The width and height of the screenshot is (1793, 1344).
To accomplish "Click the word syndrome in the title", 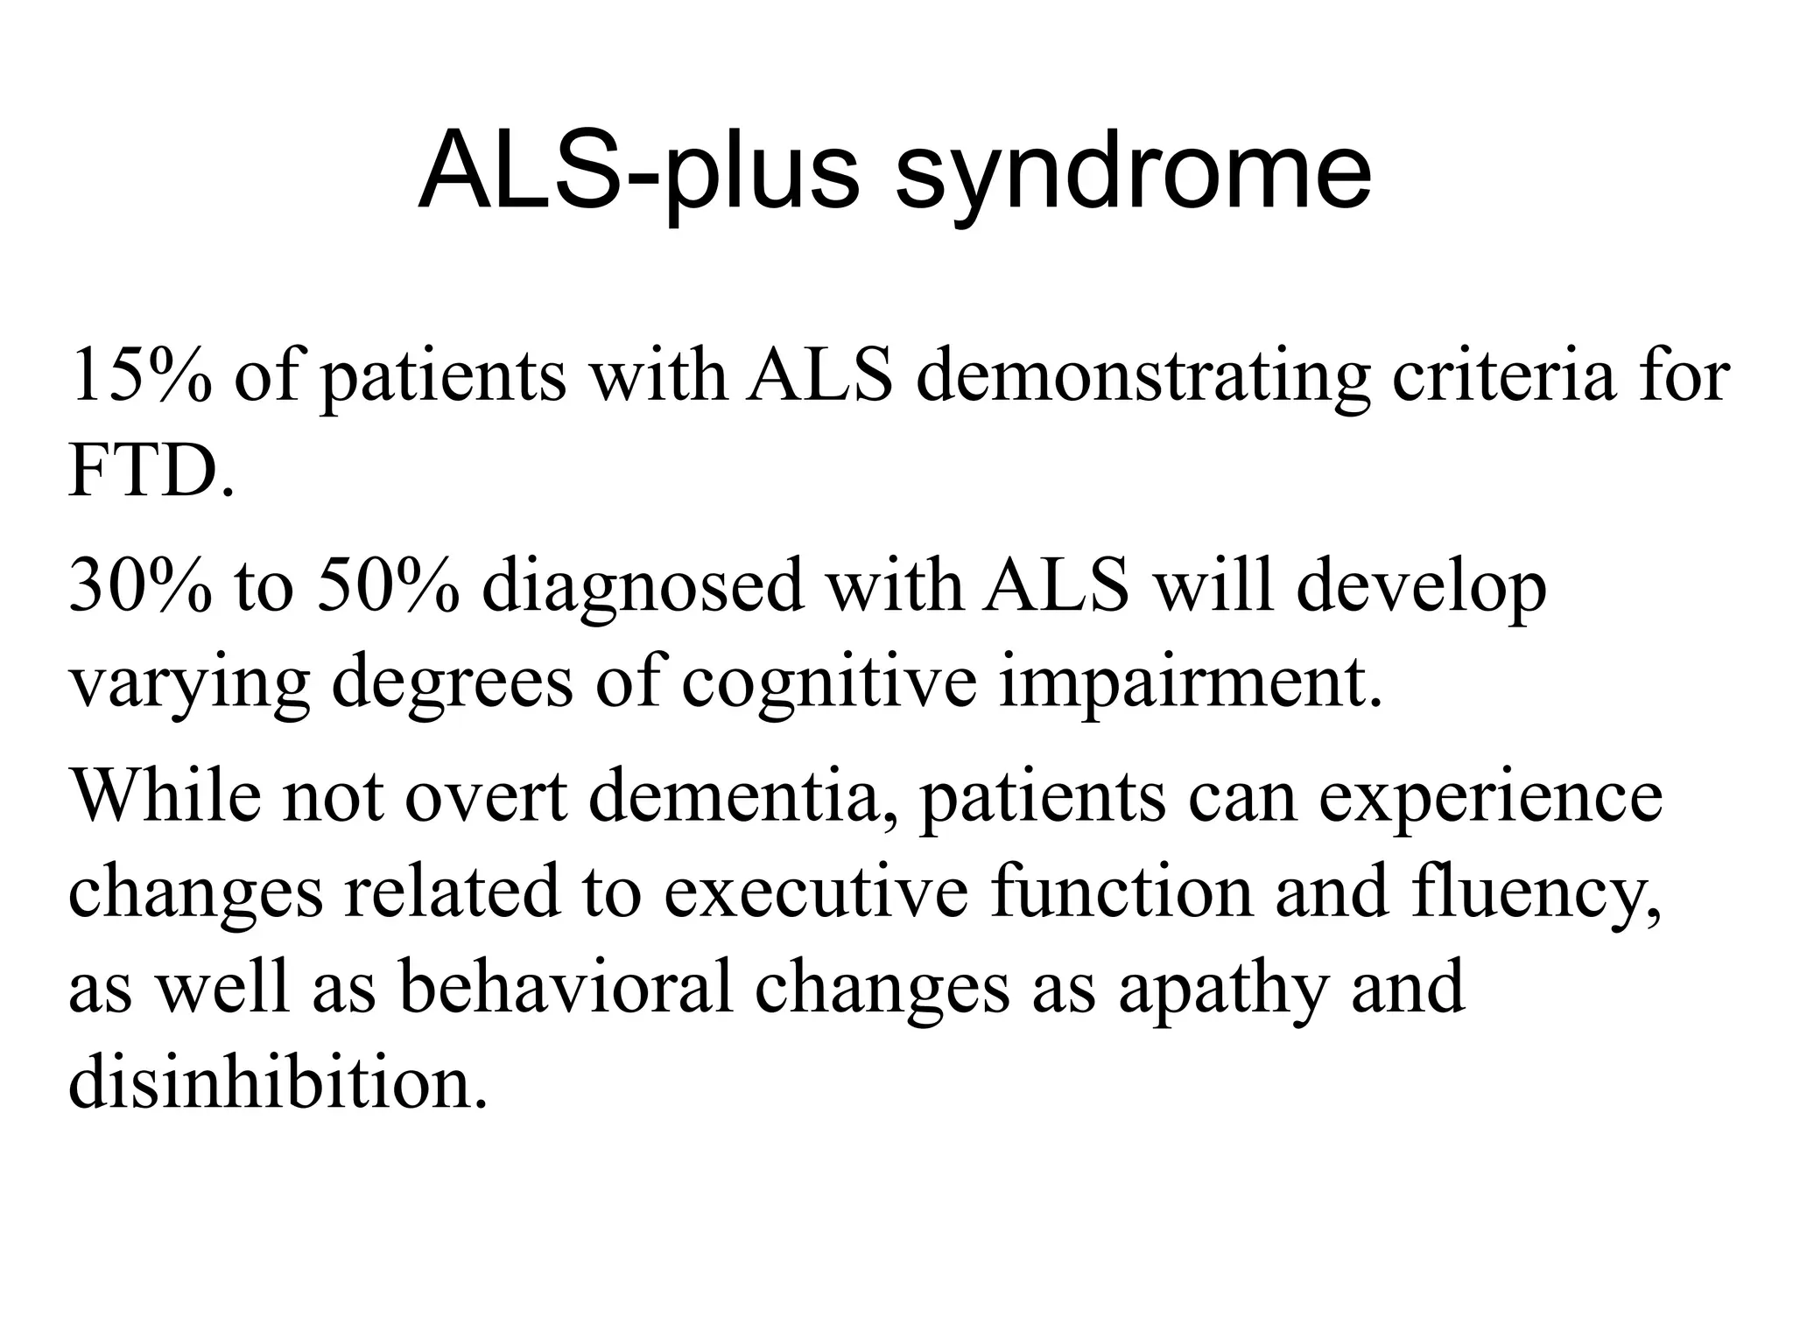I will (x=1133, y=173).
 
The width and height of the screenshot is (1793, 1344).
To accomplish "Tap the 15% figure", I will (x=140, y=376).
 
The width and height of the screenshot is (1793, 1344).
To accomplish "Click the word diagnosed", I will (x=643, y=588).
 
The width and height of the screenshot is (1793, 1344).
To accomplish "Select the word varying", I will (x=189, y=684).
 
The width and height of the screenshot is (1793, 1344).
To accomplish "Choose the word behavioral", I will (x=566, y=989).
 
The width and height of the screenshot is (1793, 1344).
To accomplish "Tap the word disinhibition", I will (x=277, y=1085).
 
